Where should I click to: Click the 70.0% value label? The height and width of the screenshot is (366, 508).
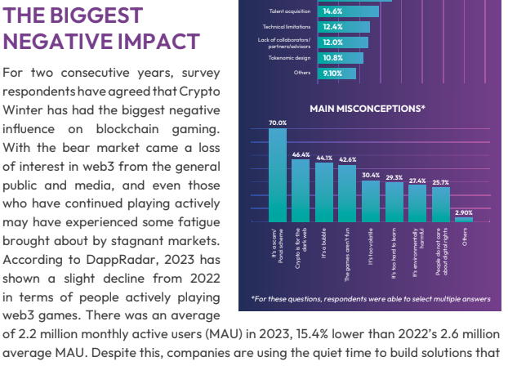[x=278, y=123]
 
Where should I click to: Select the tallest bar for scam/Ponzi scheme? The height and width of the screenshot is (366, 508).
[x=278, y=175]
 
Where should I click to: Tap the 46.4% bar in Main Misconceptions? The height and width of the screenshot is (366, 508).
[x=301, y=190]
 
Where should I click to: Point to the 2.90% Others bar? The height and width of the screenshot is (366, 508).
[x=464, y=219]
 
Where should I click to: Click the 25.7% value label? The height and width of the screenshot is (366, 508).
[x=441, y=182]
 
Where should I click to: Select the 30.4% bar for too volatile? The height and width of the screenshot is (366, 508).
[x=371, y=201]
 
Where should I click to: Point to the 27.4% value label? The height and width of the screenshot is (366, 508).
[x=417, y=181]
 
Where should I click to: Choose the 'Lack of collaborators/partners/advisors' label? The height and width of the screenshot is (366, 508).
[x=290, y=42]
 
